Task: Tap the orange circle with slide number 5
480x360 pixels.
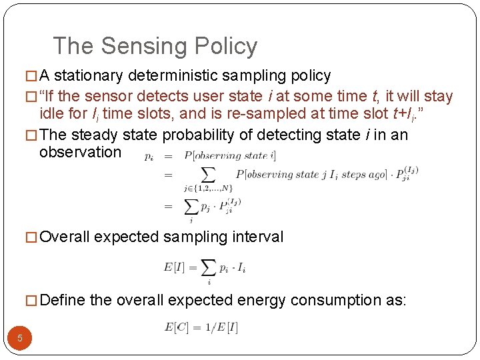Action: point(20,338)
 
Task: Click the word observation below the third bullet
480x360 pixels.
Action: point(81,152)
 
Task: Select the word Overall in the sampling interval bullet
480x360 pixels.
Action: point(65,237)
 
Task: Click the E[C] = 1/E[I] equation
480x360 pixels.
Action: point(201,327)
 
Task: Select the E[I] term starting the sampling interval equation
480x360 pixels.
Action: point(175,267)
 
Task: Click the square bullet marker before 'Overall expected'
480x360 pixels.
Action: point(31,237)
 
